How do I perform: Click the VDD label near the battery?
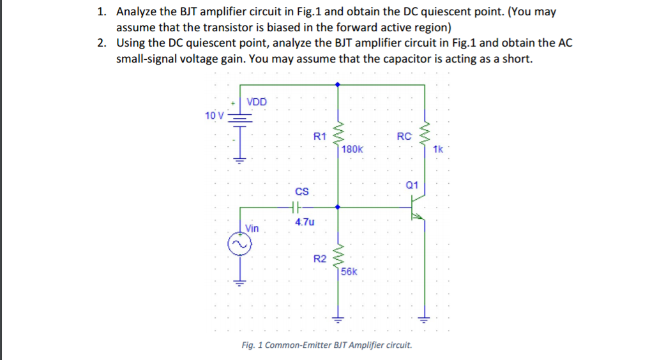257,102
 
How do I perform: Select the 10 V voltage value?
215,116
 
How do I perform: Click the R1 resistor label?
320,136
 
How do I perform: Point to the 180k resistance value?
352,149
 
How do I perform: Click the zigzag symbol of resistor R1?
338,133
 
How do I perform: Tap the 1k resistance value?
437,149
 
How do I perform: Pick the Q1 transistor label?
412,185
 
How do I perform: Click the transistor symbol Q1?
417,208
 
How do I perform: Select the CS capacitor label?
302,191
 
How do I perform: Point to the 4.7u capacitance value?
305,222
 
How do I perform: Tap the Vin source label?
252,228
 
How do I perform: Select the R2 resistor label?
320,259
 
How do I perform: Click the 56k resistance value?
350,271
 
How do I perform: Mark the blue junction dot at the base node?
338,207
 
